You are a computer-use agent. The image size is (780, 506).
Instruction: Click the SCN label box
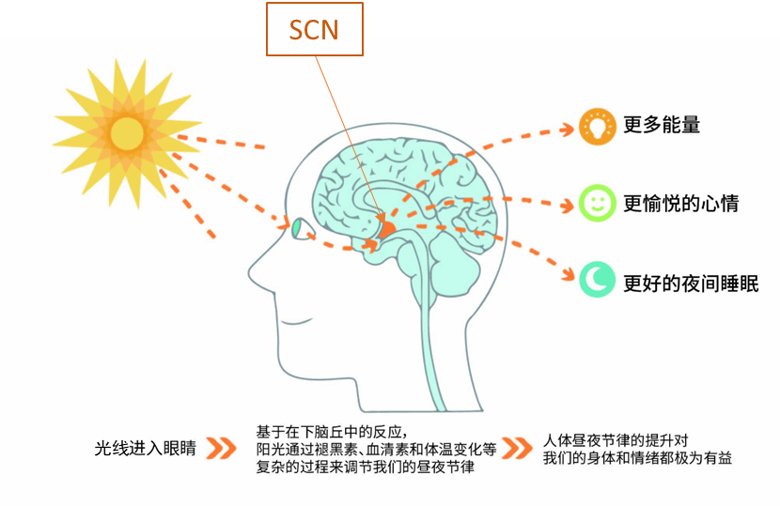click(x=315, y=29)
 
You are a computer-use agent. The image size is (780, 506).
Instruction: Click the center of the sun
click(x=127, y=133)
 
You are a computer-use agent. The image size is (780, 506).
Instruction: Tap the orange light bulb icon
click(x=597, y=126)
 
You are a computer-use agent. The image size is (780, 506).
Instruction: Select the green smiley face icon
click(x=597, y=203)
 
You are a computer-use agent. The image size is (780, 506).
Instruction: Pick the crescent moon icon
click(x=597, y=280)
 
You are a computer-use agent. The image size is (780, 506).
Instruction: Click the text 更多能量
click(x=662, y=125)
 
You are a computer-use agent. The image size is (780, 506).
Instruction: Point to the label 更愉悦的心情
click(x=681, y=204)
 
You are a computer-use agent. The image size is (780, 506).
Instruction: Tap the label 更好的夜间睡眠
click(x=691, y=284)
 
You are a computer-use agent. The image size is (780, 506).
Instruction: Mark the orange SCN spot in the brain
click(x=386, y=229)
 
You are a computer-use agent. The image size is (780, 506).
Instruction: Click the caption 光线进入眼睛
click(x=146, y=449)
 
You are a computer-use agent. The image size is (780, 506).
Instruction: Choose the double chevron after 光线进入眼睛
click(x=221, y=448)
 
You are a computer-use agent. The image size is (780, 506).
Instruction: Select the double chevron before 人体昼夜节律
click(x=517, y=448)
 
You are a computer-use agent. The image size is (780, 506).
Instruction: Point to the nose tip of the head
click(x=250, y=272)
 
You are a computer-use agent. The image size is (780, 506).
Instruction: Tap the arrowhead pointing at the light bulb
click(x=567, y=130)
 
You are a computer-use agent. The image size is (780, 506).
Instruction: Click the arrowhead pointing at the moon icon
click(x=568, y=274)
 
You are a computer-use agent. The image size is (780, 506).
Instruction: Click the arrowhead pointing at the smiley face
click(x=567, y=206)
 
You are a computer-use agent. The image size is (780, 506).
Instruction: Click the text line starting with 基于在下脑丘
click(x=332, y=432)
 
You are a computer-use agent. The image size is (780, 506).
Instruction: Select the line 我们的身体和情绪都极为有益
click(x=637, y=458)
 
